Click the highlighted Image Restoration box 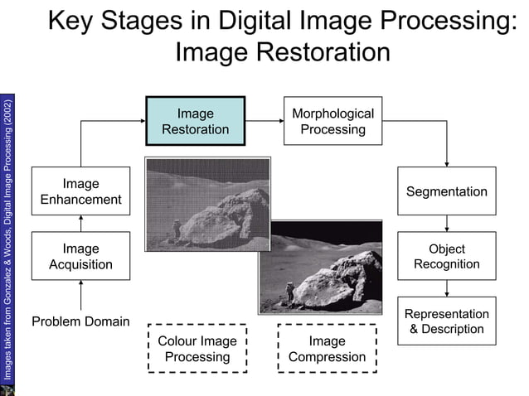tap(196, 121)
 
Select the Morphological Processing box tap(333, 121)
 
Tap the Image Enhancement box tap(80, 191)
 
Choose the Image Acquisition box tap(80, 256)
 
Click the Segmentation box tap(446, 191)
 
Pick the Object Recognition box tap(446, 256)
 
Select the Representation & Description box tap(446, 321)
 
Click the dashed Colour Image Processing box tap(197, 348)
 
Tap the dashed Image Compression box tap(327, 348)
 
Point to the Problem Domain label tap(80, 321)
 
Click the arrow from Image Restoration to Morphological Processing tap(264, 121)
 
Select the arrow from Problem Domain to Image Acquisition tap(80, 296)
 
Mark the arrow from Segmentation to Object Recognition tap(447, 224)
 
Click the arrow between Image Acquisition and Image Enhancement tap(80, 224)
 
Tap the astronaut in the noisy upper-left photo tap(174, 229)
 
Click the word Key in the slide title tap(73, 20)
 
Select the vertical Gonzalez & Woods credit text tap(7, 240)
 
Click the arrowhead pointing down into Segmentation tap(447, 162)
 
